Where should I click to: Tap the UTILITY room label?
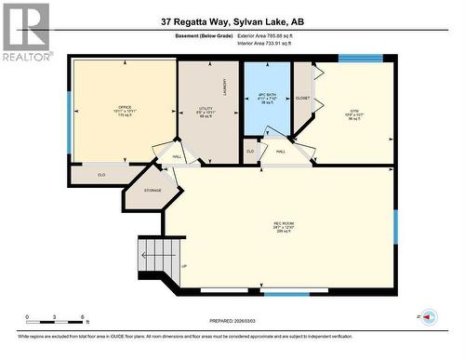tap(206, 109)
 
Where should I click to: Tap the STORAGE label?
tap(153, 191)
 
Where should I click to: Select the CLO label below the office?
tap(101, 173)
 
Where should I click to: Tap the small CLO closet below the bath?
tap(251, 151)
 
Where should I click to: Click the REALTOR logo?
tap(25, 31)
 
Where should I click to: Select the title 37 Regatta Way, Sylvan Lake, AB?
tap(232, 20)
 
